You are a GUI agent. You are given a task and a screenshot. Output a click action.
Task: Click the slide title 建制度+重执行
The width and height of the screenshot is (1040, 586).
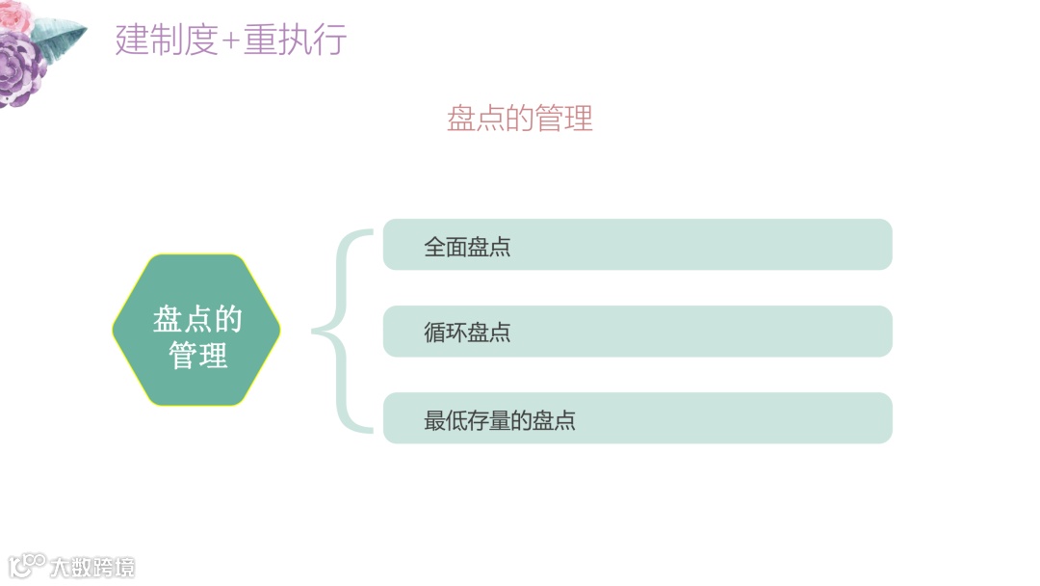point(231,40)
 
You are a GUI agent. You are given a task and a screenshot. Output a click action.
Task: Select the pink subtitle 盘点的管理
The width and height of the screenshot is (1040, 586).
point(520,118)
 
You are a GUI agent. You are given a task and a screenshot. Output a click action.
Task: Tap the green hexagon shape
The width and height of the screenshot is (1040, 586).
point(196,330)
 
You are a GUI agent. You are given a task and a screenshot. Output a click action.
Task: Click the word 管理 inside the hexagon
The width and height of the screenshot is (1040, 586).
point(198,356)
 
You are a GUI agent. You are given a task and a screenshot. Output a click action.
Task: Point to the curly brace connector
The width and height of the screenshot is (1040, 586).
point(342,331)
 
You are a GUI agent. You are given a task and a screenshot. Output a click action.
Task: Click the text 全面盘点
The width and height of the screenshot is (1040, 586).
point(467,247)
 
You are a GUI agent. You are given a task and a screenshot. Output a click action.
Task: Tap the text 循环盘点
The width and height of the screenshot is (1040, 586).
point(467,333)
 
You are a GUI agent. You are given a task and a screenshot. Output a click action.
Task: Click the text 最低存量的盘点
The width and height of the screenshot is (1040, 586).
point(500,420)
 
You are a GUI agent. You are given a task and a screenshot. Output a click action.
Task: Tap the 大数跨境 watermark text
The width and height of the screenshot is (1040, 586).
point(93,567)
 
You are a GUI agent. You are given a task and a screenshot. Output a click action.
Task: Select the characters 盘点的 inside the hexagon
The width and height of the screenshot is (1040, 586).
point(197,319)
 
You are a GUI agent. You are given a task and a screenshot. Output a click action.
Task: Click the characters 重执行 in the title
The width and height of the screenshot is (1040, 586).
point(295,40)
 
